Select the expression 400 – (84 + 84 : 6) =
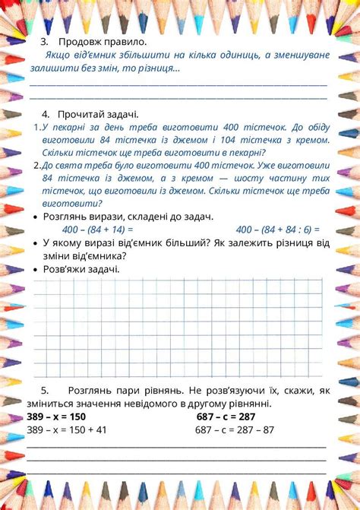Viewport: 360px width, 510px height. (x=277, y=229)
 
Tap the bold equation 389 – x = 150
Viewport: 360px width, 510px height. (x=56, y=417)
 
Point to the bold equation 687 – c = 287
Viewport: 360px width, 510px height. (x=226, y=417)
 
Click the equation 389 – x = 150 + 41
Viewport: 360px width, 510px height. (x=66, y=429)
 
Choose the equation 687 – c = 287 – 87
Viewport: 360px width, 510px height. (x=235, y=429)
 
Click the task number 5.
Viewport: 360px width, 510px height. (x=45, y=390)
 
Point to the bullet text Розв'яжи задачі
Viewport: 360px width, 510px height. (x=81, y=268)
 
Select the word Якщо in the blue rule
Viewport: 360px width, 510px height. (x=58, y=55)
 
